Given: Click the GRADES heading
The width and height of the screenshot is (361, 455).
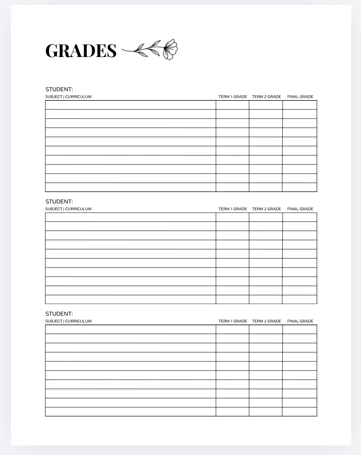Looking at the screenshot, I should click(81, 50).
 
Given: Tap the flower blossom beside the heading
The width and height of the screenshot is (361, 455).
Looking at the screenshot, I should click(170, 49).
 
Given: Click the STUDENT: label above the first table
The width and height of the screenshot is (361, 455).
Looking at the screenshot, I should click(59, 89).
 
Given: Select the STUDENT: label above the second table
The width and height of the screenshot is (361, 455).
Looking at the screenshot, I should click(59, 201).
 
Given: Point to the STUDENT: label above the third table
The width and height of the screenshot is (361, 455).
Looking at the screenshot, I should click(59, 314).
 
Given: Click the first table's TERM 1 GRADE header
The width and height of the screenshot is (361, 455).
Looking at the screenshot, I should click(233, 97).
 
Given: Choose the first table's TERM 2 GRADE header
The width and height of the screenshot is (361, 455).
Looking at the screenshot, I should click(266, 97).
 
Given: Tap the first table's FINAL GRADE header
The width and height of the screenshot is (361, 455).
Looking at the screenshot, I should click(300, 97).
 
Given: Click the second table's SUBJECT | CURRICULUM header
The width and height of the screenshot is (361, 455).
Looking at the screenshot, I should click(68, 209).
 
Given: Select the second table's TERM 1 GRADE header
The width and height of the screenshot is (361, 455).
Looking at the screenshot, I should click(233, 209).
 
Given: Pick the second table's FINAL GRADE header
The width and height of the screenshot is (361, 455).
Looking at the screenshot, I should click(300, 209).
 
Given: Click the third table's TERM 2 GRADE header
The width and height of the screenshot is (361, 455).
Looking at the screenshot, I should click(266, 321).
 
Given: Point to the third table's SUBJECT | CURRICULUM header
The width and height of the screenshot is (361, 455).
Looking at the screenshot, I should click(68, 321).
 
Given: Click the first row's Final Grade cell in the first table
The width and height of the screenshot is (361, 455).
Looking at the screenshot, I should click(300, 105).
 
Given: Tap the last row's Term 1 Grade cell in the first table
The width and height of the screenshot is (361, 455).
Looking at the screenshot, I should click(232, 187).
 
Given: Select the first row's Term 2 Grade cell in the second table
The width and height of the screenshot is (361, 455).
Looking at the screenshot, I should click(266, 217).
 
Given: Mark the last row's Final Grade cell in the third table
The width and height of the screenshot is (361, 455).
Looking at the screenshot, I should click(300, 412).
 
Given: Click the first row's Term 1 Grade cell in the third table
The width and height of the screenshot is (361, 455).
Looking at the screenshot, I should click(232, 329).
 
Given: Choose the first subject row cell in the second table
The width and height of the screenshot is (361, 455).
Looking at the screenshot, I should click(130, 217).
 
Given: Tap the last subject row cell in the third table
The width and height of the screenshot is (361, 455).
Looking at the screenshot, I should click(130, 412).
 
